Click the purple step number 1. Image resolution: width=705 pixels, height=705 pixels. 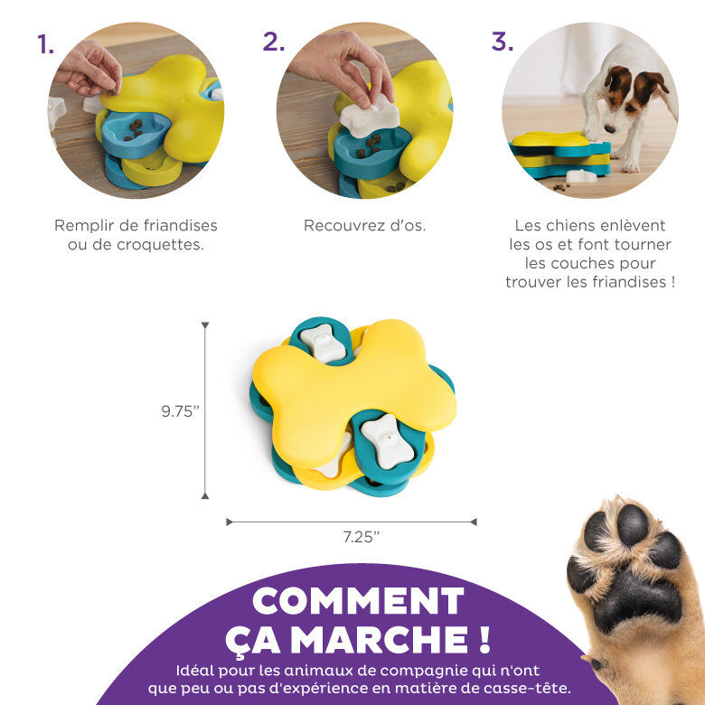click(x=45, y=44)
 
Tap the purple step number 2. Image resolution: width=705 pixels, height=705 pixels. click(x=273, y=42)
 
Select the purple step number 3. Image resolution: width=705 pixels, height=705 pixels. click(x=502, y=42)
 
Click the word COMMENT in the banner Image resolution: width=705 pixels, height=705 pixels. click(x=358, y=601)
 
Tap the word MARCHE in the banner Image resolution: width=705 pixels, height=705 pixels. click(x=368, y=640)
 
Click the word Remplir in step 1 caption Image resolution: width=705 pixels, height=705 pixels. click(x=84, y=226)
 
